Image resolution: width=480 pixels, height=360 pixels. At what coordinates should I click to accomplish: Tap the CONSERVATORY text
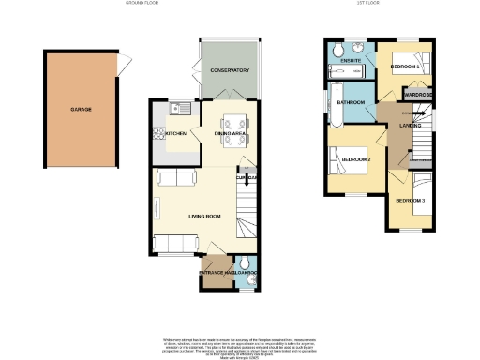(229, 71)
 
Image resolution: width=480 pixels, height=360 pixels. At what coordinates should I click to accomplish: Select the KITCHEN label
(175, 134)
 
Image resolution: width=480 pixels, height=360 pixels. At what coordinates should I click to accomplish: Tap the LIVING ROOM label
(203, 217)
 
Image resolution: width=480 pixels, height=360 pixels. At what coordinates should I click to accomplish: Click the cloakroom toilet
(245, 263)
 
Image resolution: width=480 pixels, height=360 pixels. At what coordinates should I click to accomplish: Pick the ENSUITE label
(351, 62)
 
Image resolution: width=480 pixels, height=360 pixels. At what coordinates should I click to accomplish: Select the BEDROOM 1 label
(406, 67)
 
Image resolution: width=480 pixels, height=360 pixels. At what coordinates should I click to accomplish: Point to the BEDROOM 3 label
(410, 201)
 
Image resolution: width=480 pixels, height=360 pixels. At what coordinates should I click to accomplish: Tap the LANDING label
(409, 125)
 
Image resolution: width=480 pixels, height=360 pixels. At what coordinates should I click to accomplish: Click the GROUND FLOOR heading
(142, 4)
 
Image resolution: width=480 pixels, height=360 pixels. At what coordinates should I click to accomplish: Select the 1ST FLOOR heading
(367, 4)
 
